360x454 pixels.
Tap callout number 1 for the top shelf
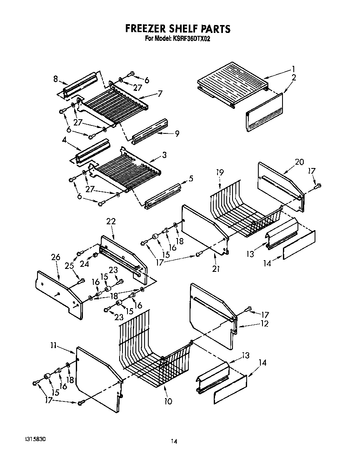click(293, 69)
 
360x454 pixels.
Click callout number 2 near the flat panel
click(294, 77)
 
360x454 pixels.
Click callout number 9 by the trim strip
click(177, 133)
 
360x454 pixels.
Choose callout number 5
click(191, 178)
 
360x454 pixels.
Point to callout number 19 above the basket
click(220, 172)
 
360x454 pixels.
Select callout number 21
click(216, 269)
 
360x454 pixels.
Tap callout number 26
click(56, 257)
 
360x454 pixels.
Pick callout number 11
click(53, 345)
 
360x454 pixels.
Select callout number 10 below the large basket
click(168, 401)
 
